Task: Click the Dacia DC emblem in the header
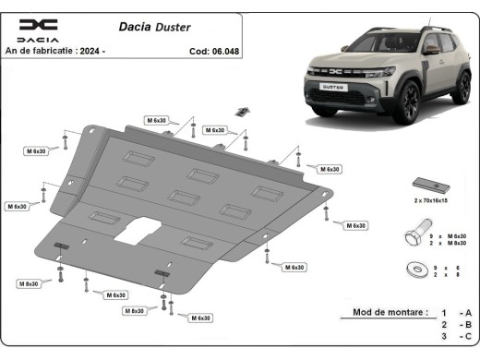point(39,25)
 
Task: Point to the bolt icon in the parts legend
point(414,233)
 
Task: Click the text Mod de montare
point(390,313)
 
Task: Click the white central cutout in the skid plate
point(136,229)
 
